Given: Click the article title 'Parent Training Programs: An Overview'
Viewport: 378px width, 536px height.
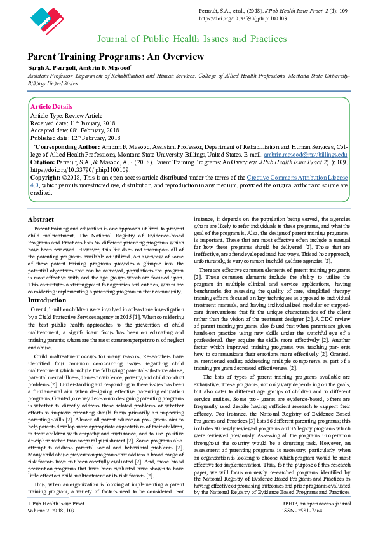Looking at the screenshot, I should point(116,57).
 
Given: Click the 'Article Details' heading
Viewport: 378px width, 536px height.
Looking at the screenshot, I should point(51,106).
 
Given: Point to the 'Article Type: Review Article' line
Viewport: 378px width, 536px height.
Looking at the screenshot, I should point(67,115).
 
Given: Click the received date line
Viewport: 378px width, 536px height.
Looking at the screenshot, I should point(74,122).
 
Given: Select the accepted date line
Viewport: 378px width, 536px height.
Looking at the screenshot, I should point(75,130).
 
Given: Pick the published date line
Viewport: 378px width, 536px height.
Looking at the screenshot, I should point(76,138).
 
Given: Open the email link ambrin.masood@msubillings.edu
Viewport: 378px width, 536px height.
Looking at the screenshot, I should point(306,155).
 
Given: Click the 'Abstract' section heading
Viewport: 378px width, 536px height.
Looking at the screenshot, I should point(41,218).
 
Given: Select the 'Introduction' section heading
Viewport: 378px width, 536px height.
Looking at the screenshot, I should point(48,299).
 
